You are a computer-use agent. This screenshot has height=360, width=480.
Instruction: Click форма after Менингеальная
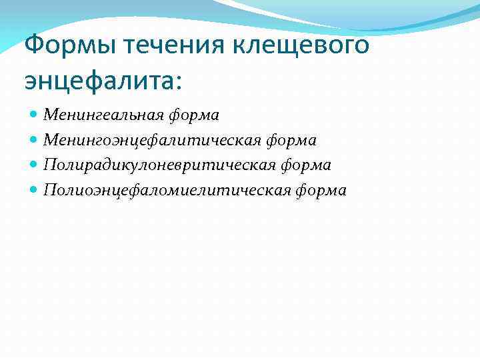[194, 116]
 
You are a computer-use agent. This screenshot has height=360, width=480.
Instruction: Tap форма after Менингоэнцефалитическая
[291, 141]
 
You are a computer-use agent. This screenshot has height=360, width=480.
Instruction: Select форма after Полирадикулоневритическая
[306, 165]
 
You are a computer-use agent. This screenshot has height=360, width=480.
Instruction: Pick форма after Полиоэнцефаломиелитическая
[322, 191]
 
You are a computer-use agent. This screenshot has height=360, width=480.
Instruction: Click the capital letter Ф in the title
[33, 47]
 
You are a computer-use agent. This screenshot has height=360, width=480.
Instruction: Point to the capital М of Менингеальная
[49, 115]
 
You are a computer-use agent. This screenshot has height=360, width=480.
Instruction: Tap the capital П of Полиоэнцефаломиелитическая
[49, 190]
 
